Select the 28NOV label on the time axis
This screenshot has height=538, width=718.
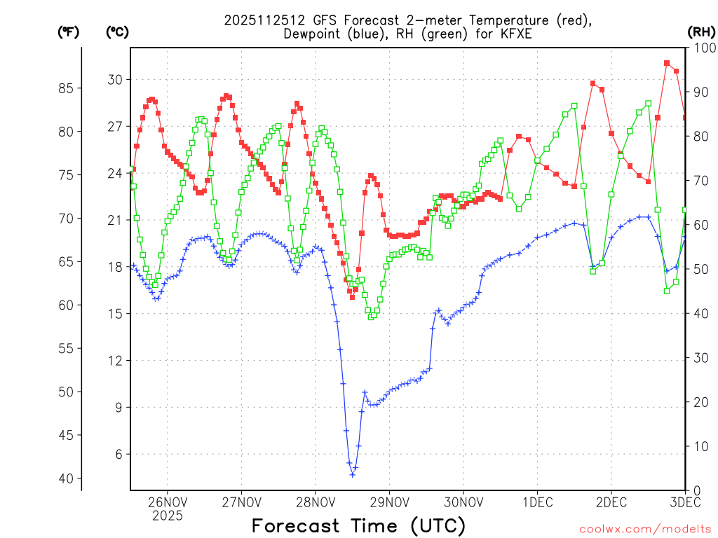315,502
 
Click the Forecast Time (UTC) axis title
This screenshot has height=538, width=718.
358,525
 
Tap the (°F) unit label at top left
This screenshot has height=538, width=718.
69,32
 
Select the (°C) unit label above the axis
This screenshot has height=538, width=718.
116,32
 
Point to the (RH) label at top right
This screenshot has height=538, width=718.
700,32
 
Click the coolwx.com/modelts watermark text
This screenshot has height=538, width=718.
645,529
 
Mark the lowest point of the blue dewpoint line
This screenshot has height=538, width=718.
352,474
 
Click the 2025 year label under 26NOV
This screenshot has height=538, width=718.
167,515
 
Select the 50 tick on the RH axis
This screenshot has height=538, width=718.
700,269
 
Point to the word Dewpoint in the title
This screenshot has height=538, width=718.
313,34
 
